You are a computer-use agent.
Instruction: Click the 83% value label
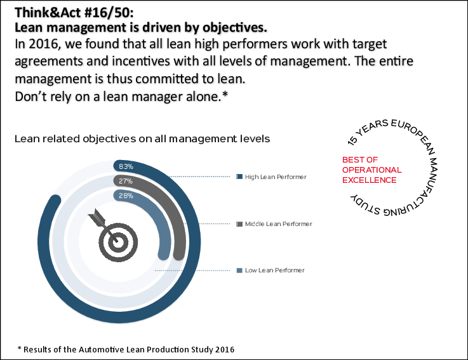click(x=125, y=167)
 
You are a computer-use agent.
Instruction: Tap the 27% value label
click(x=125, y=182)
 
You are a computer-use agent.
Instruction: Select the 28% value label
click(x=125, y=196)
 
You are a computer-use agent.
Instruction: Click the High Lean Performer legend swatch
click(x=239, y=177)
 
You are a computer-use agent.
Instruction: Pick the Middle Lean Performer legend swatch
click(x=239, y=224)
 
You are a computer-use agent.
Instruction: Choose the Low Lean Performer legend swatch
click(x=239, y=270)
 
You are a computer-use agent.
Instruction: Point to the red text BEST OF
click(x=360, y=160)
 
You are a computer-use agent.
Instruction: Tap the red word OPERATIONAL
click(x=372, y=170)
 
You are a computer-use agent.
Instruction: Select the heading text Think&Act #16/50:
click(x=67, y=13)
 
